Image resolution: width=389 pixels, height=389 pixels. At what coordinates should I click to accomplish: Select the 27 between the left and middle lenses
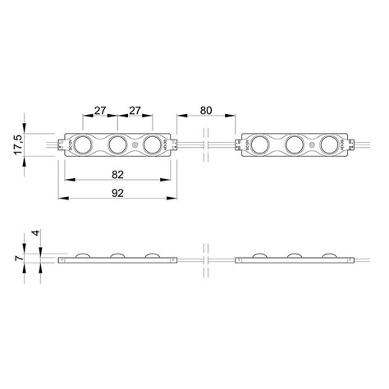[x=100, y=109]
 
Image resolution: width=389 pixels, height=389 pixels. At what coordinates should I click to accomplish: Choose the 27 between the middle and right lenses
[x=136, y=109]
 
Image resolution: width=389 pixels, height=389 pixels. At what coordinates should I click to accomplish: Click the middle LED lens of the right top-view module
[x=293, y=146]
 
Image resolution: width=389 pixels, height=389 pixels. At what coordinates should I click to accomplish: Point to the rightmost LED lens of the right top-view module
[x=327, y=146]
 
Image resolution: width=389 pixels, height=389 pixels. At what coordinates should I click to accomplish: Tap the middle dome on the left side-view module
[x=117, y=254]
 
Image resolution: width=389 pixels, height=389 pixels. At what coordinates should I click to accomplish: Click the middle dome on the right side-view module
[x=293, y=254]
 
